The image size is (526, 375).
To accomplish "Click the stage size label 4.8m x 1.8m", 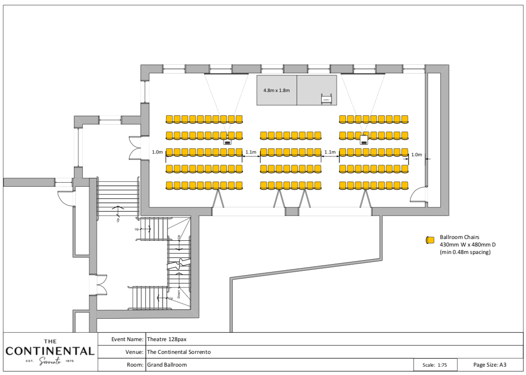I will pyautogui.click(x=276, y=90).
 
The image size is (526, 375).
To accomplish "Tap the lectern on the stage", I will pyautogui.click(x=326, y=99).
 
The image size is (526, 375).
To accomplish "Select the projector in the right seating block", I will pyautogui.click(x=364, y=140).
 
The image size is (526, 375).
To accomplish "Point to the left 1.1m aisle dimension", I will pyautogui.click(x=251, y=152).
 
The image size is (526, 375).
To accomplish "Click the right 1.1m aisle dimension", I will pyautogui.click(x=330, y=152).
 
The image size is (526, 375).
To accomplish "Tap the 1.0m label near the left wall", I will pyautogui.click(x=157, y=152).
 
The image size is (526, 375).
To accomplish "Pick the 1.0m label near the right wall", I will pyautogui.click(x=417, y=154).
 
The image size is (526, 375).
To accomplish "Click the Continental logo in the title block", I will pyautogui.click(x=50, y=352).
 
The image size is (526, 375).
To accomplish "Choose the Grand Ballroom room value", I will pyautogui.click(x=167, y=365).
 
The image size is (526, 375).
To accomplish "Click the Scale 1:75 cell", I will pyautogui.click(x=435, y=365).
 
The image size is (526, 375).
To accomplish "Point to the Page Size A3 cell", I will pyautogui.click(x=489, y=365).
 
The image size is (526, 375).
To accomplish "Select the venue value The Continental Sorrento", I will pyautogui.click(x=179, y=352).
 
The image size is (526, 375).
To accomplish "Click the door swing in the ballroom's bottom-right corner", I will pyautogui.click(x=418, y=195).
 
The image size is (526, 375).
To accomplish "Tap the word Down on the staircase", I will pyautogui.click(x=179, y=294).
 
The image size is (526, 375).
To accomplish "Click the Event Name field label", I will pyautogui.click(x=127, y=339).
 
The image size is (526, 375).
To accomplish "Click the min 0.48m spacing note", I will pyautogui.click(x=465, y=252).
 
